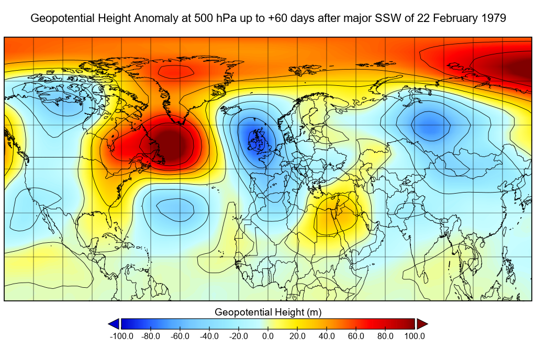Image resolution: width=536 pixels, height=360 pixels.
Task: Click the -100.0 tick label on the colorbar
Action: [x=121, y=336]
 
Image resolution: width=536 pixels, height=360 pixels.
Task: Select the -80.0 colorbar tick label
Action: [x=151, y=336]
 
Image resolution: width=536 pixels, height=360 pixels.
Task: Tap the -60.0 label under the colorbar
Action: [x=180, y=336]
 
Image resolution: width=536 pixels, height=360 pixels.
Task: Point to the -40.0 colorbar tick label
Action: [x=209, y=336]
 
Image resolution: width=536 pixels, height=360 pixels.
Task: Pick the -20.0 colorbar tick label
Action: [x=239, y=336]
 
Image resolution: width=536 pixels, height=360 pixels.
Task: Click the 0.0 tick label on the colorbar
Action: [x=268, y=336]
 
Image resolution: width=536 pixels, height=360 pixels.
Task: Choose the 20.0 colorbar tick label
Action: [x=297, y=336]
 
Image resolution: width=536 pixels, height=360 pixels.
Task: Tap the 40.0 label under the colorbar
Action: [x=327, y=336]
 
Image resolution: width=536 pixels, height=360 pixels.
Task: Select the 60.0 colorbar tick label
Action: [x=356, y=336]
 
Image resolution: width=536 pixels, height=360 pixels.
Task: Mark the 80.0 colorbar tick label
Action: [x=385, y=336]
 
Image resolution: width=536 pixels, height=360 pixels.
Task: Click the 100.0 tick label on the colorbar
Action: [x=415, y=336]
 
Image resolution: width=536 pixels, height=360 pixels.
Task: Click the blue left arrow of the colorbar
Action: [x=114, y=324]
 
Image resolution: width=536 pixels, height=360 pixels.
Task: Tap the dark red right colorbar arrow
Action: [x=422, y=324]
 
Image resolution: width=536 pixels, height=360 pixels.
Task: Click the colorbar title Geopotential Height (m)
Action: [x=268, y=312]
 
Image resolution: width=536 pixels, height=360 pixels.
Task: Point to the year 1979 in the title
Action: [x=494, y=18]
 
